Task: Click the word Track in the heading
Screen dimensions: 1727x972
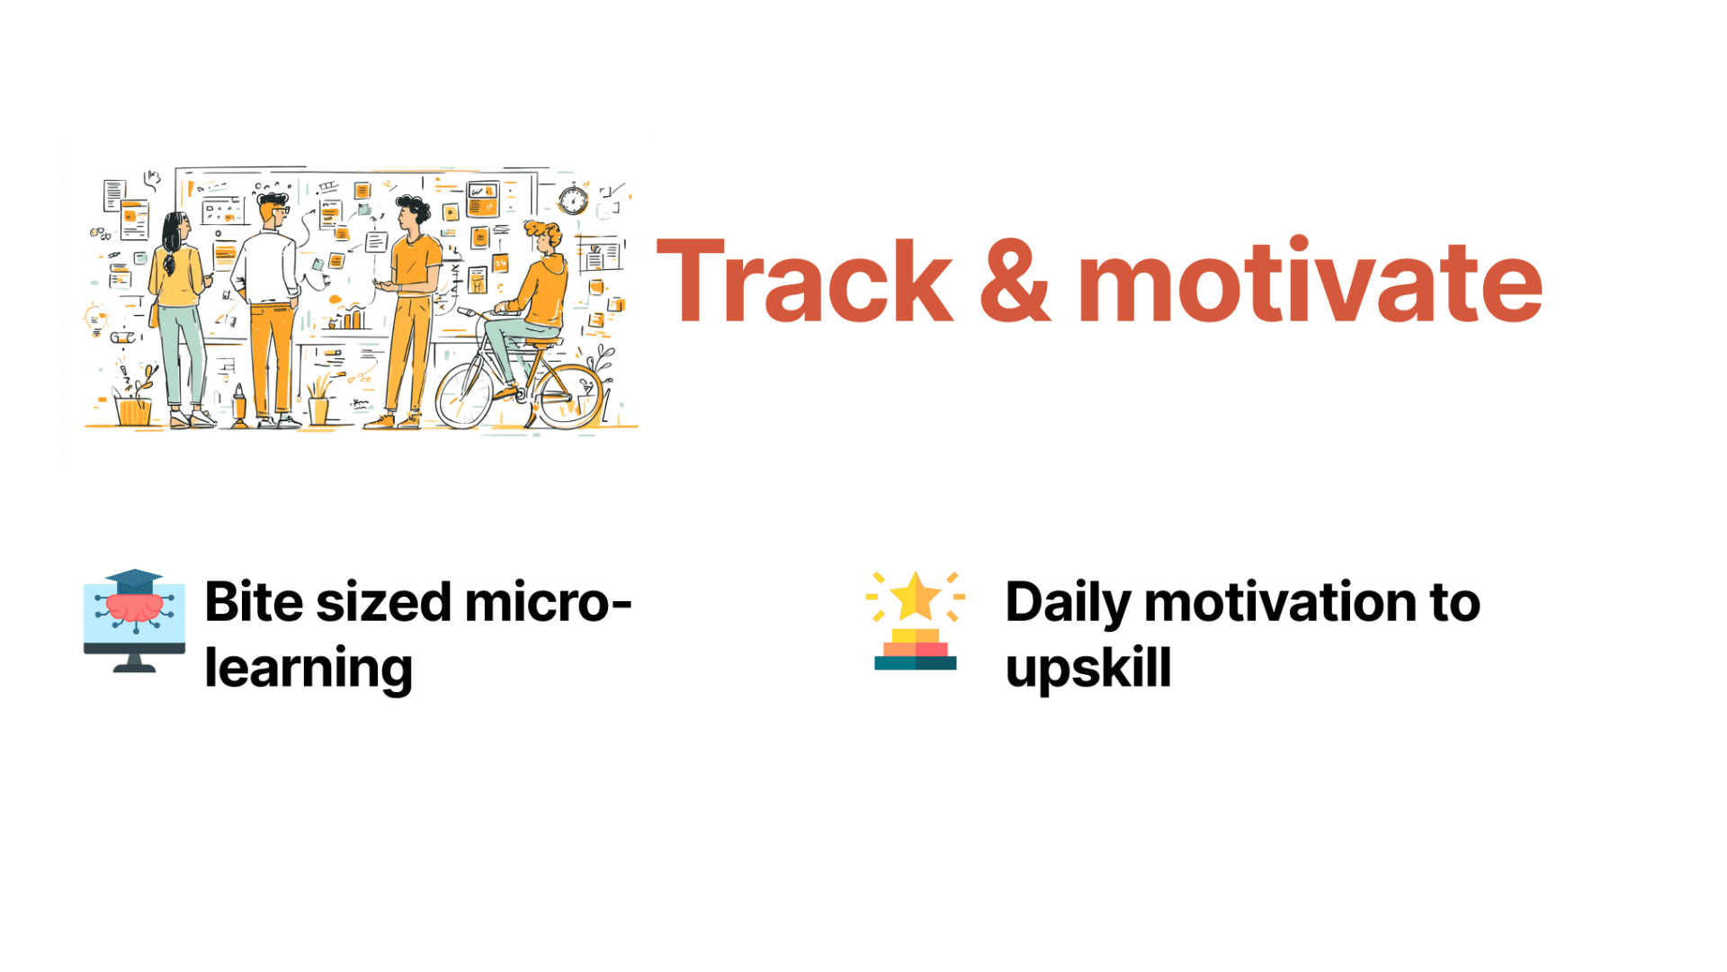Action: click(x=804, y=280)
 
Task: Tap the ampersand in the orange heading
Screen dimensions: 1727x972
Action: click(x=1015, y=281)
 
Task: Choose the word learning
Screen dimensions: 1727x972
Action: click(x=309, y=670)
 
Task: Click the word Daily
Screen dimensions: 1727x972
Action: click(x=1068, y=604)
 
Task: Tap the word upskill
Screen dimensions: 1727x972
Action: click(x=1088, y=670)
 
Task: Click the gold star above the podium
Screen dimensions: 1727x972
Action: click(x=916, y=596)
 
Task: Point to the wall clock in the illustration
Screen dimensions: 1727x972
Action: click(x=573, y=199)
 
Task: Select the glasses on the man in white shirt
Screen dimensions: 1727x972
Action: click(x=280, y=211)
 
